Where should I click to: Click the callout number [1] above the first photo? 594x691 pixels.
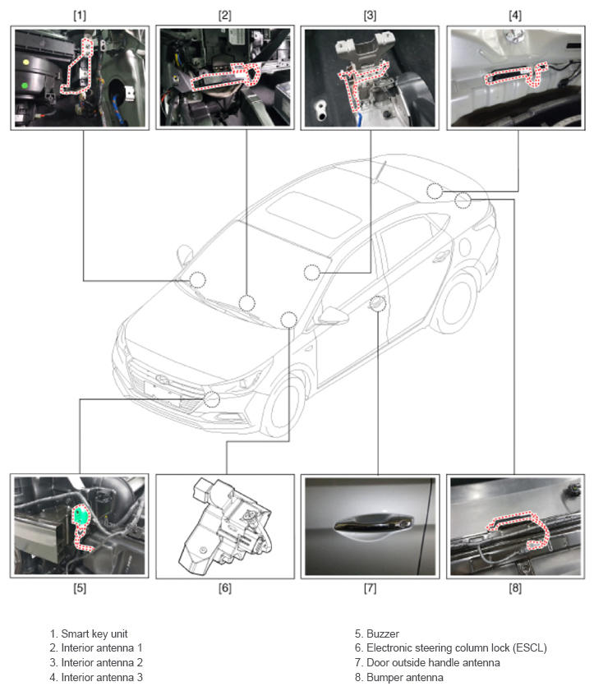tap(80, 16)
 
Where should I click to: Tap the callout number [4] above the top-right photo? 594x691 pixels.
tap(514, 16)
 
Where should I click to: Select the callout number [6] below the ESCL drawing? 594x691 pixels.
tap(225, 587)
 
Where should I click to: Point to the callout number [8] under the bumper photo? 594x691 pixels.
tap(514, 587)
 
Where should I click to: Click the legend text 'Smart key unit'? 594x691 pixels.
tap(94, 633)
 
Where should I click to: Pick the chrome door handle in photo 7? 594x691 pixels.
tap(373, 523)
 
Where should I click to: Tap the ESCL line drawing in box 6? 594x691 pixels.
tap(225, 526)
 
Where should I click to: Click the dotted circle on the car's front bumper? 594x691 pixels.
tap(211, 398)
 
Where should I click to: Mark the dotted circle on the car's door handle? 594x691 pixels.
tap(378, 303)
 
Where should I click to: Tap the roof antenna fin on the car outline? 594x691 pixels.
tap(380, 172)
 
